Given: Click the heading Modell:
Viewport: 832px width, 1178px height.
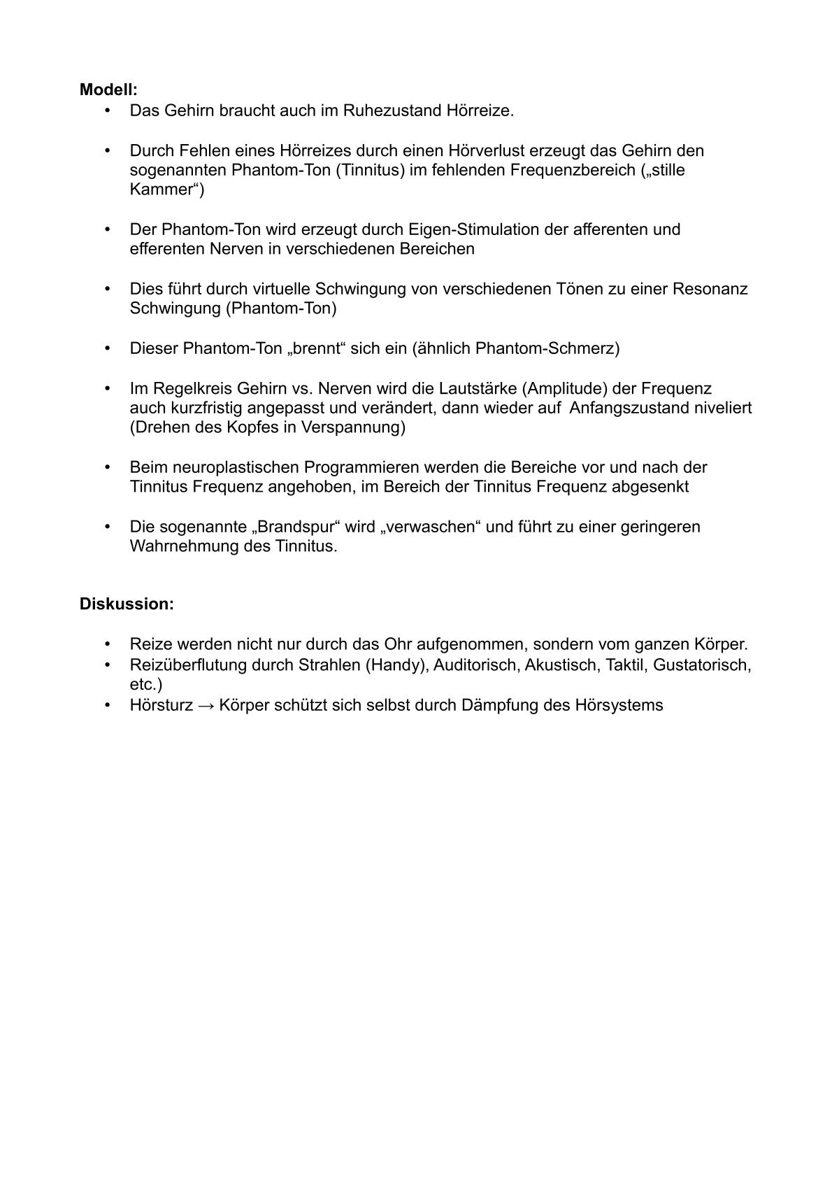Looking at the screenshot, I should [x=108, y=90].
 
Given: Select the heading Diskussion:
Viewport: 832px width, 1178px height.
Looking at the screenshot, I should [x=127, y=604].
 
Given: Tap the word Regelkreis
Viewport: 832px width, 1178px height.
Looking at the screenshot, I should [x=181, y=388].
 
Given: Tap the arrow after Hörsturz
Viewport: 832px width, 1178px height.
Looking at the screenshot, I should [x=206, y=705].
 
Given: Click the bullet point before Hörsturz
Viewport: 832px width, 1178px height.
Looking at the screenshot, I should [x=108, y=705].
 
